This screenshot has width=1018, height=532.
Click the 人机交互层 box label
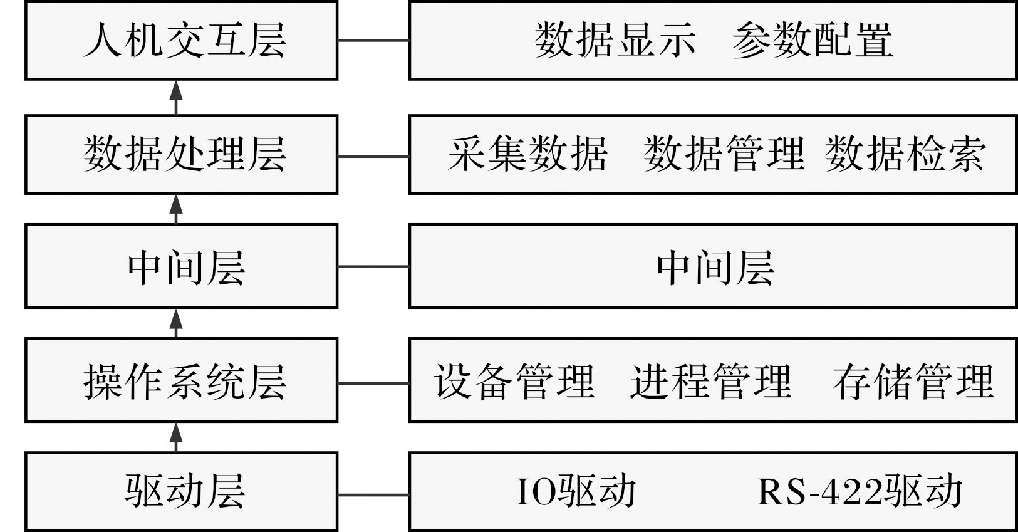pyautogui.click(x=185, y=40)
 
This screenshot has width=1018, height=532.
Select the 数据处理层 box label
pyautogui.click(x=185, y=154)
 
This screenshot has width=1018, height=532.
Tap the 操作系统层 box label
pyautogui.click(x=185, y=382)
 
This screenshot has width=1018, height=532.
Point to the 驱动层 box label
pyautogui.click(x=185, y=491)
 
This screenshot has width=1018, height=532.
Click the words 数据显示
pyautogui.click(x=615, y=40)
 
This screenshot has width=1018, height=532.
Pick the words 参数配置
pyautogui.click(x=813, y=40)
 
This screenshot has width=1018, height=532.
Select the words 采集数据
pyautogui.click(x=527, y=154)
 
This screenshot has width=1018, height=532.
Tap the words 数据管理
pyautogui.click(x=724, y=154)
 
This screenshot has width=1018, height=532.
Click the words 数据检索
pyautogui.click(x=905, y=154)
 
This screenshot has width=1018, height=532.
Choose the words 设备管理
pyautogui.click(x=514, y=382)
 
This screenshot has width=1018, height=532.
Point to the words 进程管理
pyautogui.click(x=711, y=382)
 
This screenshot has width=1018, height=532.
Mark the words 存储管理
pyautogui.click(x=913, y=382)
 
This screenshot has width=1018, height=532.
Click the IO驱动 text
pyautogui.click(x=576, y=491)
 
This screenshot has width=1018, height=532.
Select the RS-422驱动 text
pyautogui.click(x=860, y=491)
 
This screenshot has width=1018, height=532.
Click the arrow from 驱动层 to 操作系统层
pyautogui.click(x=176, y=437)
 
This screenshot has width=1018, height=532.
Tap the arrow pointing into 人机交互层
pyautogui.click(x=176, y=98)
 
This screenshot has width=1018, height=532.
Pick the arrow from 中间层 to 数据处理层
pyautogui.click(x=176, y=209)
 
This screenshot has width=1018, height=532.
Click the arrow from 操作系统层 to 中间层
pyautogui.click(x=176, y=323)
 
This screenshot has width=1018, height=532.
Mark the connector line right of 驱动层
pyautogui.click(x=373, y=494)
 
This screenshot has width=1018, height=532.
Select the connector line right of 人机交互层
pyautogui.click(x=373, y=40)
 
